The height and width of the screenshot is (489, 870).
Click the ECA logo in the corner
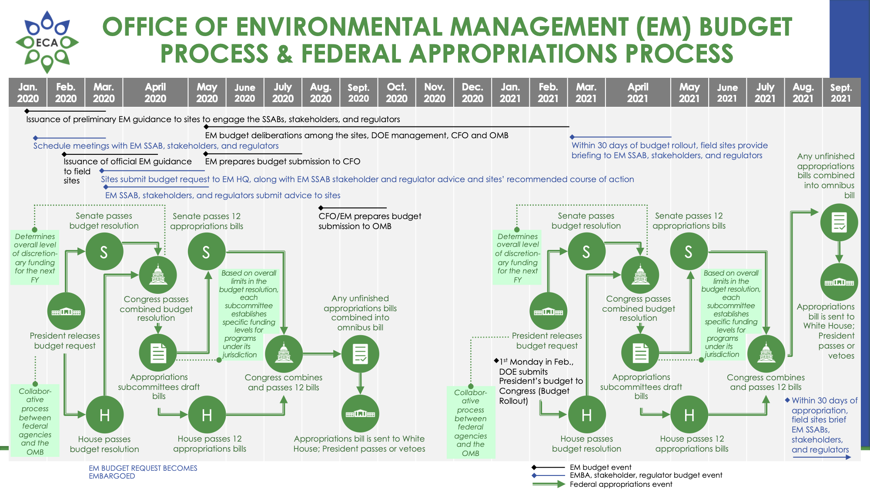point(47,42)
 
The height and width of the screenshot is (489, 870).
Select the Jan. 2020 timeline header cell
point(28,93)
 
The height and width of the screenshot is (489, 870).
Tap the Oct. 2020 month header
point(396,93)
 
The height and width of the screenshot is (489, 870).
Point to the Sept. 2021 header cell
point(840,93)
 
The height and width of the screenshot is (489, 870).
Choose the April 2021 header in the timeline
point(637,93)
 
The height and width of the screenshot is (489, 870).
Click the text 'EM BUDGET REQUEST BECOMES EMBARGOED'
point(143,472)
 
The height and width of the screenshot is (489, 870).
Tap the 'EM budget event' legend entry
point(600,467)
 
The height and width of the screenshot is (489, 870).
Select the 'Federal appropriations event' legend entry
point(621,484)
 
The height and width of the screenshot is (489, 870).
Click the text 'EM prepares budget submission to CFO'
point(282,161)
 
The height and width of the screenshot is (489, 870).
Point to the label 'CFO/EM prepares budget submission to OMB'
point(369,221)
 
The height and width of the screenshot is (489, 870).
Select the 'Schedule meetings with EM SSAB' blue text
point(156,146)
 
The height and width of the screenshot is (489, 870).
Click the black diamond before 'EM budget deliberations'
point(206,127)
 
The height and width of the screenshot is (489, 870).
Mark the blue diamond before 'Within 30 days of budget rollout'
point(572,137)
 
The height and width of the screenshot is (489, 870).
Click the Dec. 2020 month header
point(472,93)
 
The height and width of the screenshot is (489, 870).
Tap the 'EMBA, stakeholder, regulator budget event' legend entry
point(646,476)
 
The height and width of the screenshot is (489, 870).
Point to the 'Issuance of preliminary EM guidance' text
point(213,119)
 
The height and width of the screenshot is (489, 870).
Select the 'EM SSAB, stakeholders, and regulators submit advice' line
point(223,195)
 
